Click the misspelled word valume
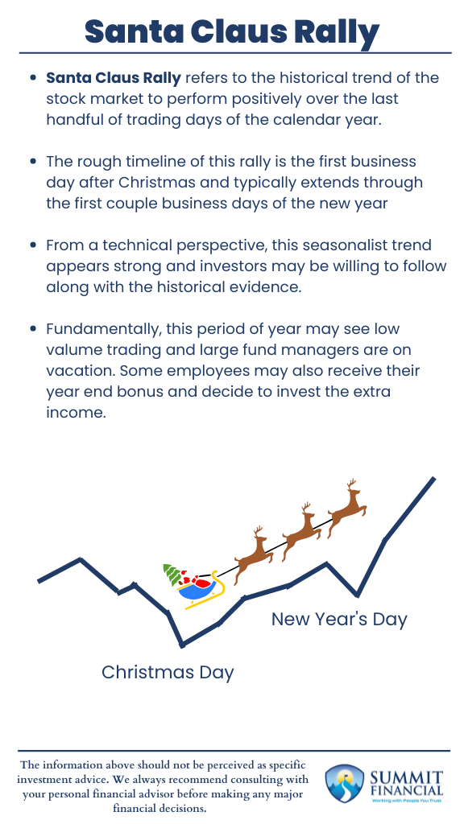(x=73, y=351)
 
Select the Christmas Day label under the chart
(x=168, y=672)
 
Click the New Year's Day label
(x=339, y=619)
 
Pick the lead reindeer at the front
(x=347, y=504)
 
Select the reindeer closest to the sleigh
(x=253, y=550)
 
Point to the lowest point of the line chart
(x=183, y=645)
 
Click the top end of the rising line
(x=433, y=479)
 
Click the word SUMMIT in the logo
(x=406, y=777)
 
